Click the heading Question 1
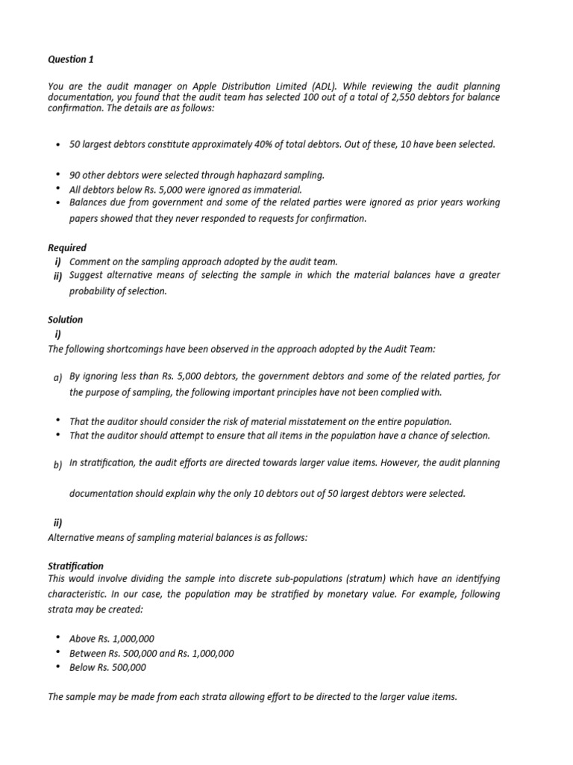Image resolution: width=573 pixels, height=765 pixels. [x=71, y=58]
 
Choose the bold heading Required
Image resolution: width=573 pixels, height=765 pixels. [x=67, y=247]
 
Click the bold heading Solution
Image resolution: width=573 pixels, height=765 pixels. [x=66, y=319]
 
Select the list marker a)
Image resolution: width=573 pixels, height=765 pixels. [x=57, y=378]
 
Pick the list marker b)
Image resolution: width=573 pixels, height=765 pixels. [x=57, y=465]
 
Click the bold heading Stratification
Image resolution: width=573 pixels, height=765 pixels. [x=75, y=566]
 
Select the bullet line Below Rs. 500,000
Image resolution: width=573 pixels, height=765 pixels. [x=107, y=667]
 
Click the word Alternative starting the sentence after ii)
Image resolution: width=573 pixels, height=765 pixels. [x=73, y=537]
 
